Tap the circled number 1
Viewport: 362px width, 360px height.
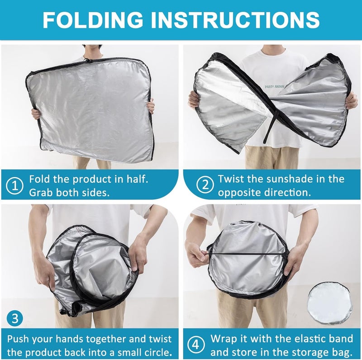tap(16, 186)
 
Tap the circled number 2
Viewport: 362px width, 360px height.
tap(205, 186)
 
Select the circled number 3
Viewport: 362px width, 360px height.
tap(16, 318)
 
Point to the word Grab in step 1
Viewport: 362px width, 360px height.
tap(41, 192)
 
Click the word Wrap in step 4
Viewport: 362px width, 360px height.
tap(224, 339)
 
